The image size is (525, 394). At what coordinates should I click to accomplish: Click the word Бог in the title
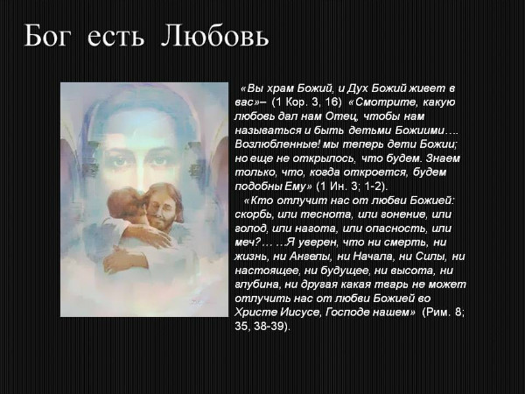click(x=49, y=38)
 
